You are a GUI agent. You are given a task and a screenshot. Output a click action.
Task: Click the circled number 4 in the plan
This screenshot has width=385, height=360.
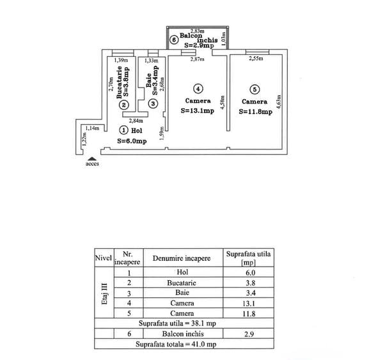pos(198,89)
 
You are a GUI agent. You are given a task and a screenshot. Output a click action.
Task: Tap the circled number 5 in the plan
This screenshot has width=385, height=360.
pos(255,90)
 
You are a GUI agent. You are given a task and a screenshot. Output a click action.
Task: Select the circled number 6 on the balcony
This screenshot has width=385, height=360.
pos(174,40)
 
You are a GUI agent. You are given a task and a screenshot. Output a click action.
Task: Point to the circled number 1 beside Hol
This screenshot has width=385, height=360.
pos(124,130)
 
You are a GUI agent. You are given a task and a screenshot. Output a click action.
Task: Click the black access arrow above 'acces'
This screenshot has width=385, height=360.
pos(92,159)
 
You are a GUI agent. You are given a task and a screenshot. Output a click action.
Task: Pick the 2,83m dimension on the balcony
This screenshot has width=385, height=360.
pos(198,31)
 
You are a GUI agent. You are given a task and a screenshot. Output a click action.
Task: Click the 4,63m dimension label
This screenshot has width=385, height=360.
pos(279,102)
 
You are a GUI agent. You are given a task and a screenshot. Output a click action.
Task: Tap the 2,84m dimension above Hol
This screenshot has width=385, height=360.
pos(136,121)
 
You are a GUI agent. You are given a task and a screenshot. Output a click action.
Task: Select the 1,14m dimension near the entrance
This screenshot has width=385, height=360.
pos(92,128)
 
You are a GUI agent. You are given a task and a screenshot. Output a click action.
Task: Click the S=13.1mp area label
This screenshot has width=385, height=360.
pos(198,111)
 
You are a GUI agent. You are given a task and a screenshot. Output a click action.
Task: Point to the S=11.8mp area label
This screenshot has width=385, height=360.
pos(256,112)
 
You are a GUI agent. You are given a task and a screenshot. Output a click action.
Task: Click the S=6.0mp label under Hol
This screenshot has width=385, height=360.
pos(132,141)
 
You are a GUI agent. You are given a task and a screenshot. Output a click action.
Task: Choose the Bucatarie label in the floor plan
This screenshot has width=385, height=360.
pos(120,82)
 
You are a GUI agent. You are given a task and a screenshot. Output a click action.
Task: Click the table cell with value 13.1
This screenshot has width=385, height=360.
pos(249,303)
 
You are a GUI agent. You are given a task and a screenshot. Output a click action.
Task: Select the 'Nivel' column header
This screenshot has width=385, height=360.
pos(104,258)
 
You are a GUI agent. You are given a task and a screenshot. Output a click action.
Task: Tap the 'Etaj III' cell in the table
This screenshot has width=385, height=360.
pos(104,292)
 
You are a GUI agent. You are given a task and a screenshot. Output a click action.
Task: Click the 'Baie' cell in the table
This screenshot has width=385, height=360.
pos(182,292)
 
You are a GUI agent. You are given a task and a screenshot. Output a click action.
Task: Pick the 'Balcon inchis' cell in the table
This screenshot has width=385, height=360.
pos(183,334)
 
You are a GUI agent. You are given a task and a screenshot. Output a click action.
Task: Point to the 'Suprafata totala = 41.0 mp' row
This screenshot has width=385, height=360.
pos(176,344)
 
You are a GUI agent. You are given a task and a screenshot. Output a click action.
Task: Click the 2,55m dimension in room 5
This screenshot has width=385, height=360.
pos(256,58)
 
